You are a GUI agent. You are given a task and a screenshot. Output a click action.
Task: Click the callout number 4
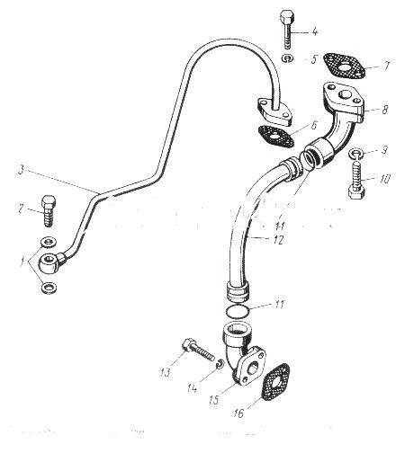pos(314,31)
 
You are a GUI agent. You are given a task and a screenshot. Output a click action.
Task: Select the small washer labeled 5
pos(288,58)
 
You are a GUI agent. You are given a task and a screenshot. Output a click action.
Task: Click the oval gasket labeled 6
pos(275,137)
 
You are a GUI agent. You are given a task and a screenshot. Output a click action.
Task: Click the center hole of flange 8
pos(344,96)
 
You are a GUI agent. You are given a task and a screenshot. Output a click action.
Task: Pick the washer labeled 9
pos(356,154)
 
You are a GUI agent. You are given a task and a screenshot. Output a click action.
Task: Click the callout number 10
pos(384,179)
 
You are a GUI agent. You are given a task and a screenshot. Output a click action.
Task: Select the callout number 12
pos(278,240)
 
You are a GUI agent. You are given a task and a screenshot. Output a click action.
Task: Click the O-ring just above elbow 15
pos(237,311)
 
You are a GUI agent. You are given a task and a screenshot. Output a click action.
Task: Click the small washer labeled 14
pos(220,364)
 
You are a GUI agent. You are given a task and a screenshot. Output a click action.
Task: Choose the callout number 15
pos(214,400)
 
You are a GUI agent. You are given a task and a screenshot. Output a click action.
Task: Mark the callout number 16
pos(238,413)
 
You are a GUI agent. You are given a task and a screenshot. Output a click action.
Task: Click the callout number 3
pos(21,170)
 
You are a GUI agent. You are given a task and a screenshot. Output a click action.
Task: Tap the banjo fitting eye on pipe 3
pos(49,262)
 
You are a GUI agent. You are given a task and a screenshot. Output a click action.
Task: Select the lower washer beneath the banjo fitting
pos(49,288)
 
